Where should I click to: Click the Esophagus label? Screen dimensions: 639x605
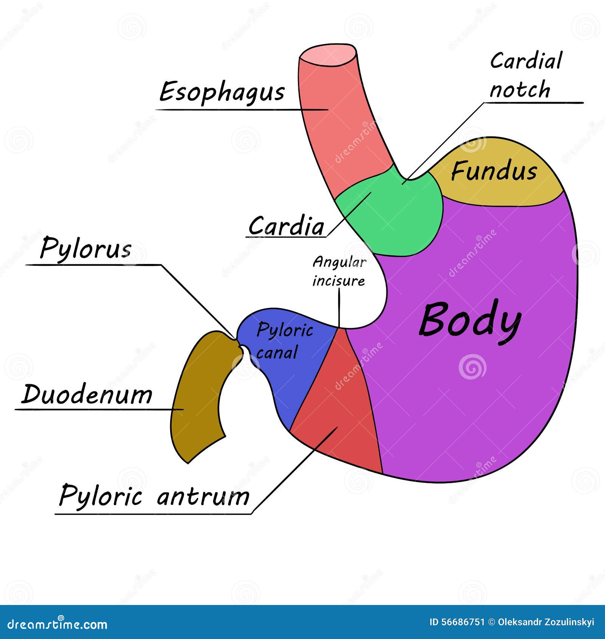coord(222,92)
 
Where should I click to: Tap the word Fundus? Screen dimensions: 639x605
coord(494,171)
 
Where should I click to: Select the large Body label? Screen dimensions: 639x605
coord(470,321)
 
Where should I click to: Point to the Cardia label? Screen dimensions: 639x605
coord(286,226)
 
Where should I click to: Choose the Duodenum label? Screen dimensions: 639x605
coord(87,394)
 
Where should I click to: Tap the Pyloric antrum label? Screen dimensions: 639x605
coord(154,496)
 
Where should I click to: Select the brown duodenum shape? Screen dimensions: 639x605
coord(197,401)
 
